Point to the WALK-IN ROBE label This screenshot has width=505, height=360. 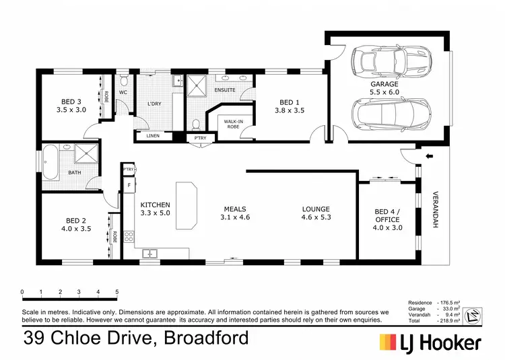(229, 123)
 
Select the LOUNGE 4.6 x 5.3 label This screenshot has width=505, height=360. (316, 213)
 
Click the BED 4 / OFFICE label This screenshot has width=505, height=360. (387, 219)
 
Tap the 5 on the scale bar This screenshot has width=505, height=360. (117, 291)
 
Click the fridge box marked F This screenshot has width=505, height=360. (128, 184)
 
